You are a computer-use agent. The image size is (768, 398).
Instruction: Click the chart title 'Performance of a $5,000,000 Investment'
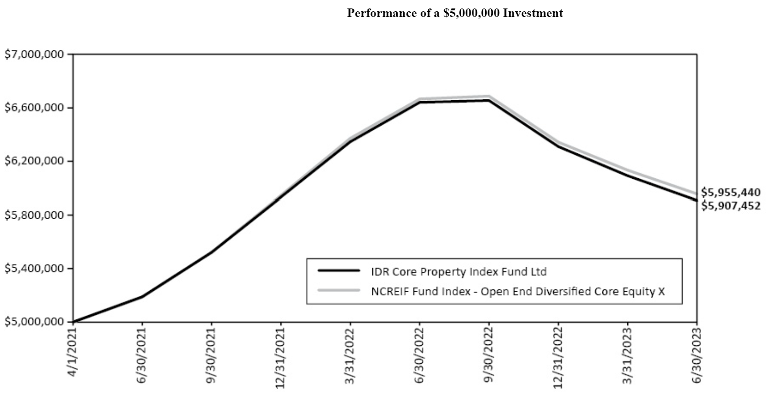[455, 13]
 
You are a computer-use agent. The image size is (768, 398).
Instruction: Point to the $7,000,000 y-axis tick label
[34, 54]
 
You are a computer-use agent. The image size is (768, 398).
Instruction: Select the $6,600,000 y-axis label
[34, 108]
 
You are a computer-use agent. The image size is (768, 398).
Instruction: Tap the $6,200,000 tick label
[34, 161]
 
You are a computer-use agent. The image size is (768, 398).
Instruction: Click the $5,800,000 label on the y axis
[34, 215]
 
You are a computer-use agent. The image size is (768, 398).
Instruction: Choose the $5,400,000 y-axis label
[34, 269]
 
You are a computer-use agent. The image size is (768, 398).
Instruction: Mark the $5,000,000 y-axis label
[34, 322]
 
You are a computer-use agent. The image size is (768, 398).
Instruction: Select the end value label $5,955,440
[730, 192]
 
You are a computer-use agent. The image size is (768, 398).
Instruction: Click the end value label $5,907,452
[730, 206]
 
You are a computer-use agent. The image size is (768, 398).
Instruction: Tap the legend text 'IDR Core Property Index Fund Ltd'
[459, 271]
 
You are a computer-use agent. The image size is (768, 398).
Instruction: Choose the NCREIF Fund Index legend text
[518, 291]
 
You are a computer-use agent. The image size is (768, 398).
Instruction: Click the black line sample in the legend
[339, 271]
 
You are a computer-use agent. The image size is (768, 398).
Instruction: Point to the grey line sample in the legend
[339, 290]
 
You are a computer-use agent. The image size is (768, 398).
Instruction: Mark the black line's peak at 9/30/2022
[488, 100]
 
